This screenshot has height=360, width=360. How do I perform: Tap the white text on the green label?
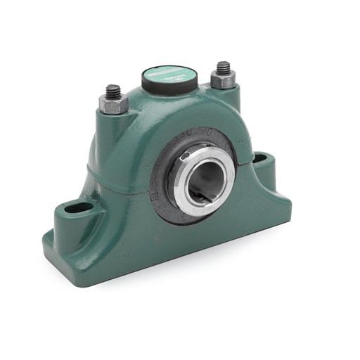(x=169, y=70)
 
